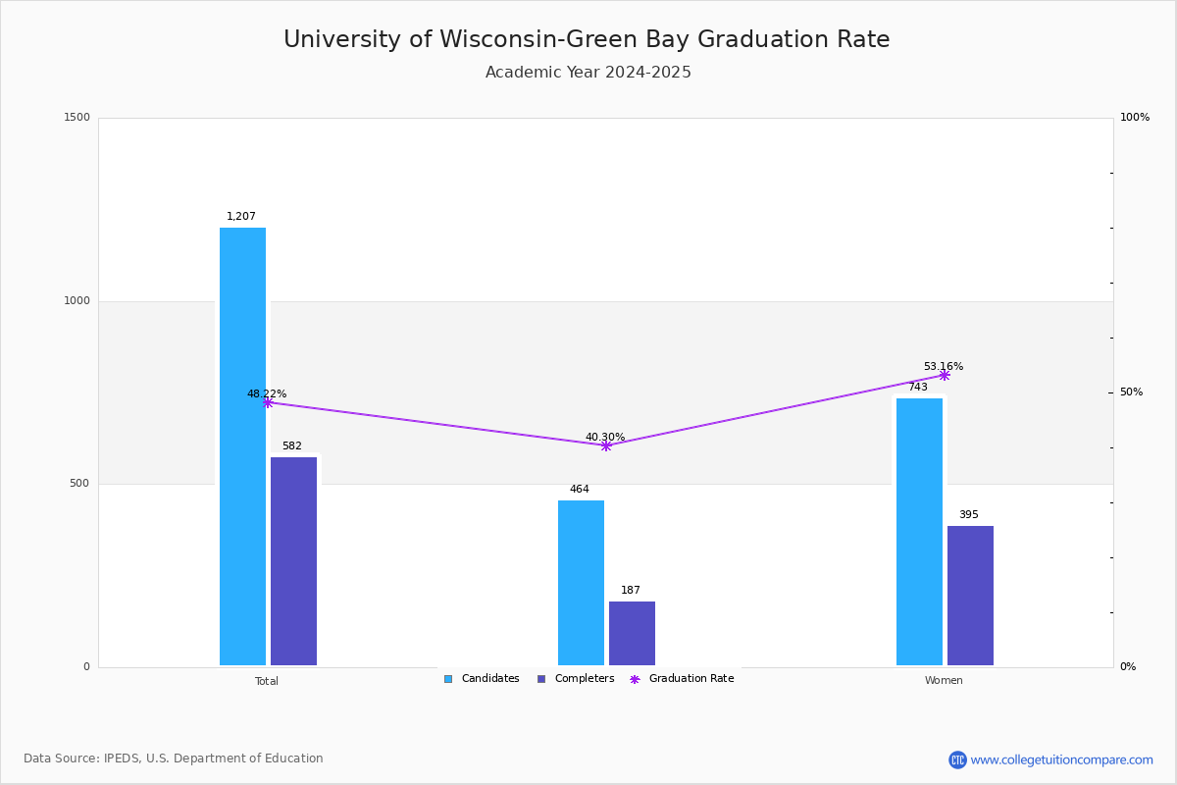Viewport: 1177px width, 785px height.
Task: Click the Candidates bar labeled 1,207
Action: (x=243, y=446)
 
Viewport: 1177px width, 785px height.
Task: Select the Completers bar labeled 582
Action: (x=293, y=561)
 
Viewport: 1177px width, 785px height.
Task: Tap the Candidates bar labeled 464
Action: (x=581, y=583)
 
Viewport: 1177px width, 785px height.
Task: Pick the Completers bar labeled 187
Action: (x=632, y=633)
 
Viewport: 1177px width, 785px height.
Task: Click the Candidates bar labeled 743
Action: (x=920, y=532)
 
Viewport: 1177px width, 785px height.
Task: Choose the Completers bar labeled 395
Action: (x=970, y=596)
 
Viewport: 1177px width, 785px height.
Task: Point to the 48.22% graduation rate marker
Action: (x=268, y=402)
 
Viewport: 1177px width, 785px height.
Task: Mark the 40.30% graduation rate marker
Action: (x=606, y=445)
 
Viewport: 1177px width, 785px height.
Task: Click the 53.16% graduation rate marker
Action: (x=945, y=376)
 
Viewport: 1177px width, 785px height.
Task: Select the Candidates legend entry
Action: (x=482, y=679)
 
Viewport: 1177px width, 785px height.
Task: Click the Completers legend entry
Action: (x=576, y=679)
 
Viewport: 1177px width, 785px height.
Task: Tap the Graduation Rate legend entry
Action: (x=682, y=679)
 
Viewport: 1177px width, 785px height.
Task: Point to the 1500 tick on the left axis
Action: (x=77, y=117)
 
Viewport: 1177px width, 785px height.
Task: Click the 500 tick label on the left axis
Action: (x=79, y=483)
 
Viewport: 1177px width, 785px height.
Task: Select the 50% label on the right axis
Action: (x=1131, y=392)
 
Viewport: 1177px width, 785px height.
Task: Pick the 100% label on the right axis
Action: (x=1135, y=117)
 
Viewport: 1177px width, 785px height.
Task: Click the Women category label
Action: (x=944, y=680)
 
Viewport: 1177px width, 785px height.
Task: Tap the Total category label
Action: (x=267, y=681)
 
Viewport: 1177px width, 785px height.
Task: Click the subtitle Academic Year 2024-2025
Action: (x=588, y=72)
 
